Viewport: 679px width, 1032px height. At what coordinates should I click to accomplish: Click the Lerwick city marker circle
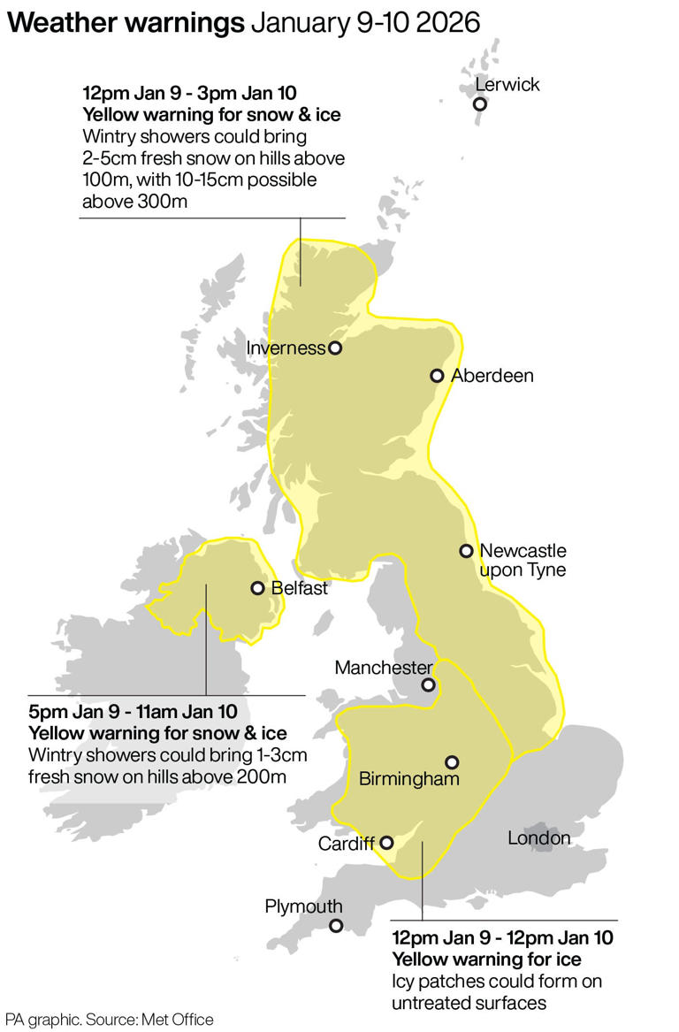coord(480,104)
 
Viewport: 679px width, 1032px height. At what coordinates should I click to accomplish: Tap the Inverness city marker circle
coord(335,348)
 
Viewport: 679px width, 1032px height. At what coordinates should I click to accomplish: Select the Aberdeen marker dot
coord(436,376)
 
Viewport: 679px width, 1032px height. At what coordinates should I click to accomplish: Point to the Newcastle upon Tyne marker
coord(466,551)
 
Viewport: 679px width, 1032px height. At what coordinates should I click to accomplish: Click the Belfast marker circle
coord(258,588)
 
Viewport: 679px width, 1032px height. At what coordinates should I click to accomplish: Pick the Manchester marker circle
coord(428,684)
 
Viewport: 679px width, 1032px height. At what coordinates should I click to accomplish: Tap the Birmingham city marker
coord(452,761)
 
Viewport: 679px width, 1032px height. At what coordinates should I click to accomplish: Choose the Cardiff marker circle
coord(386,843)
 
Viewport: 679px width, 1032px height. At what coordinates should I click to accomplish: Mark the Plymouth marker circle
coord(336,926)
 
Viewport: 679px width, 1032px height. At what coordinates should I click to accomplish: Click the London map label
coord(538,837)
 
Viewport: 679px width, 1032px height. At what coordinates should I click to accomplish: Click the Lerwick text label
coord(507,85)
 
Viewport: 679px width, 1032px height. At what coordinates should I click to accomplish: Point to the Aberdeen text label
coord(492,376)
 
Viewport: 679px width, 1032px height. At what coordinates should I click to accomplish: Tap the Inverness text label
coord(286,348)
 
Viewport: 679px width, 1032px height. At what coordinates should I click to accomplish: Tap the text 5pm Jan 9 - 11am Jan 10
coord(133,711)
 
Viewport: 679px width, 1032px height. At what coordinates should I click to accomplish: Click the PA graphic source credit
coord(111,1020)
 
